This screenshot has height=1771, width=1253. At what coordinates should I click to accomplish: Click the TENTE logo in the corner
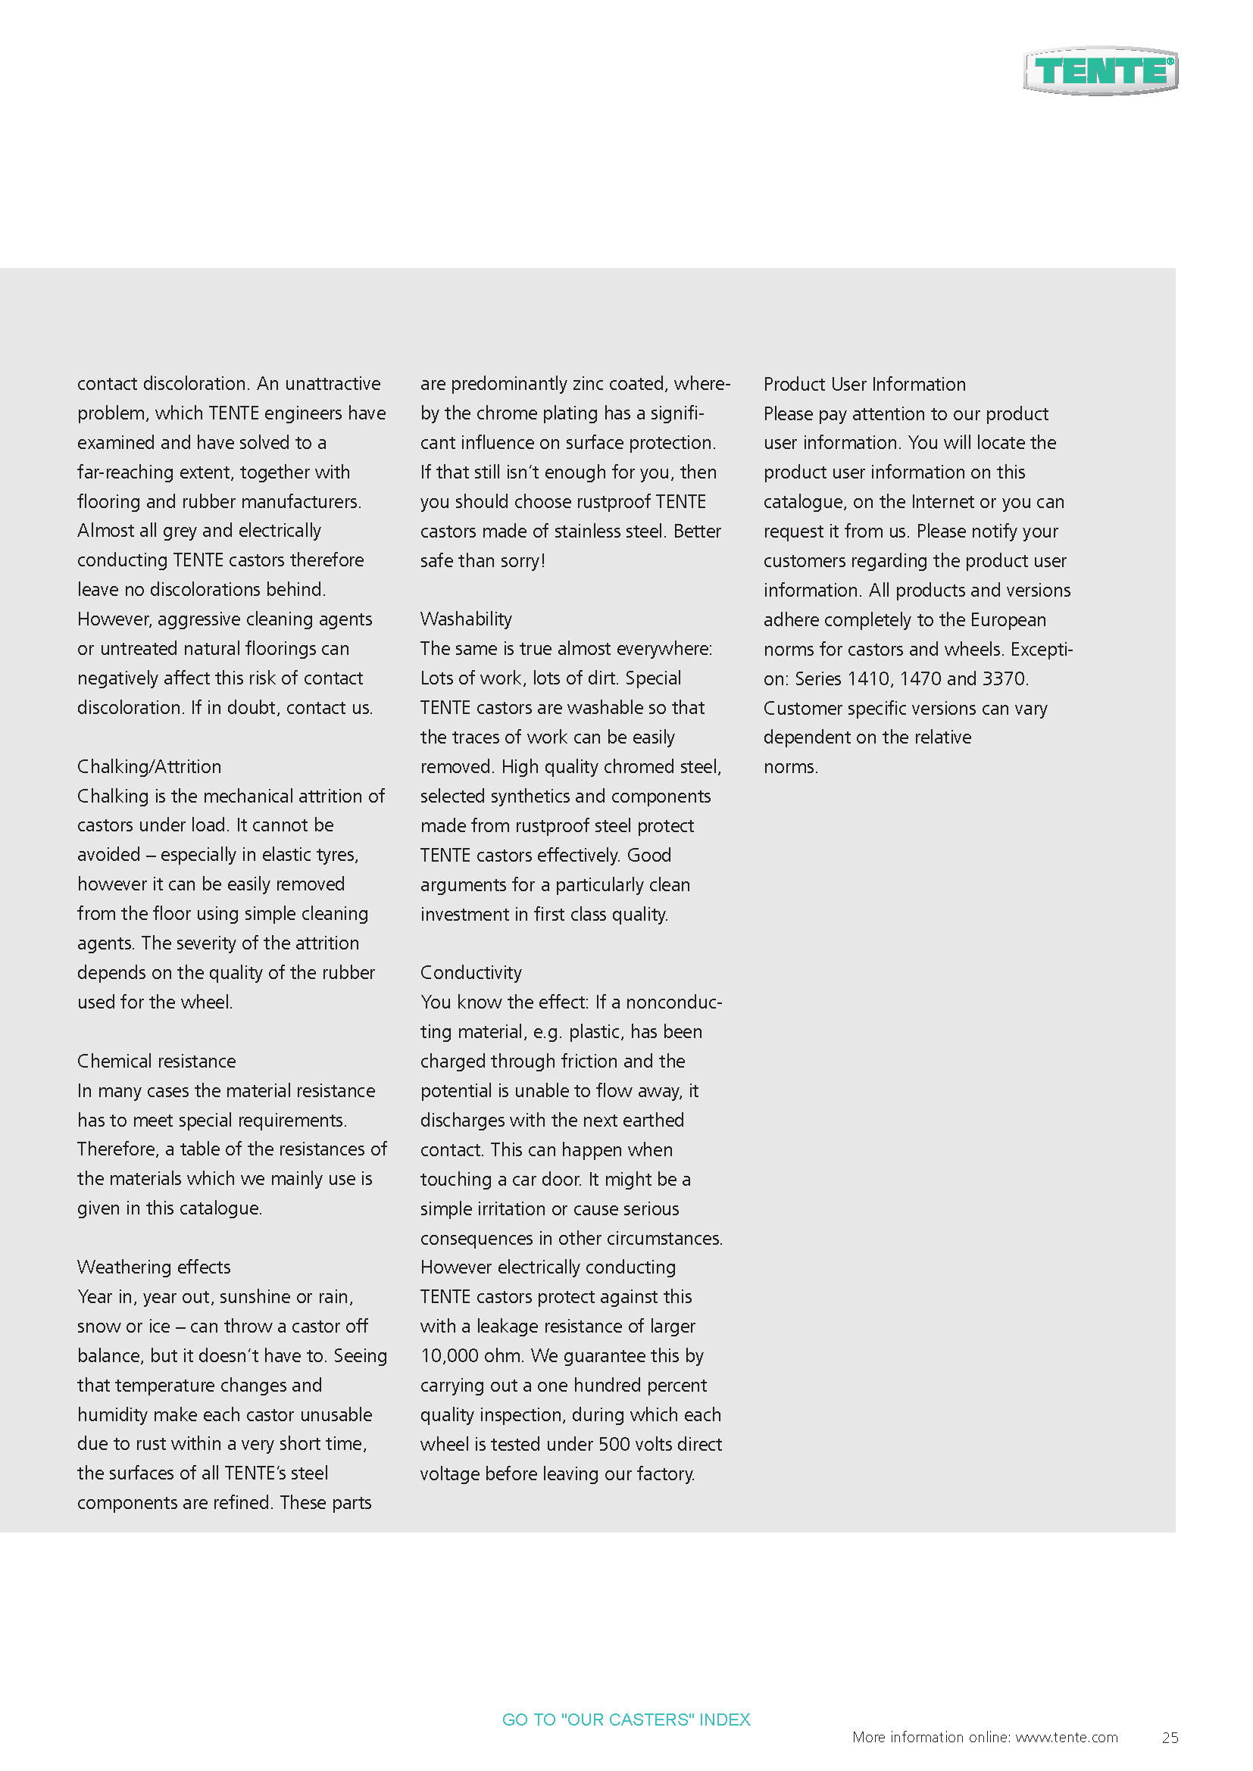coord(1100,71)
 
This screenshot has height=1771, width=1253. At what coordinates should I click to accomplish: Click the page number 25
coord(1170,1737)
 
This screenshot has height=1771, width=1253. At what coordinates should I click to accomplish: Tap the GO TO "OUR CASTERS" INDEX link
coord(626,1720)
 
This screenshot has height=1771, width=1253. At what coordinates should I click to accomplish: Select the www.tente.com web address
coord(1067,1737)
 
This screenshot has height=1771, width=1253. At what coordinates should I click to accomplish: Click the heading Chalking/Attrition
coord(149,766)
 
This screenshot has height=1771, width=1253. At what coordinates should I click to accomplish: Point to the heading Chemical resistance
coord(157,1061)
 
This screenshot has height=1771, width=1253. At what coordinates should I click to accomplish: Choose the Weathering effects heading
coord(154,1267)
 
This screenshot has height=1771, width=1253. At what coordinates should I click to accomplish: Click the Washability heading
coord(466,619)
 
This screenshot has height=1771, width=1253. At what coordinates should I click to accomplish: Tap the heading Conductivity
coord(470,972)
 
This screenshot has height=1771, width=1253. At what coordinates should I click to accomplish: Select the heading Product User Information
coord(864,384)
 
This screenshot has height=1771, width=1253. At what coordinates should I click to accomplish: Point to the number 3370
coord(1003,678)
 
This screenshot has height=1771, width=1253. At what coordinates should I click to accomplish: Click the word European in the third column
coord(1008,620)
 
